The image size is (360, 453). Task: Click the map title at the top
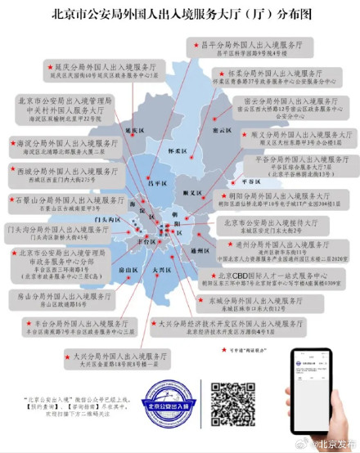pos(179,14)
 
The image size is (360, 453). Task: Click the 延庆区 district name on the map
pos(134,130)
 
